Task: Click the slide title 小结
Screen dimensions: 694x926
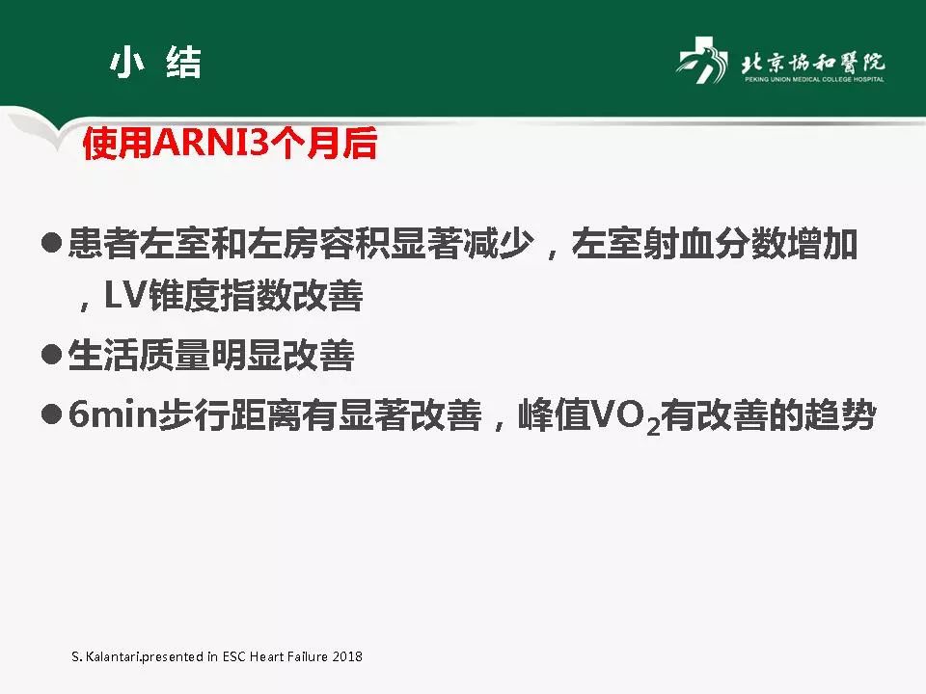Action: pyautogui.click(x=155, y=63)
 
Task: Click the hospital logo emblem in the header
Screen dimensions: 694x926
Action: pyautogui.click(x=701, y=65)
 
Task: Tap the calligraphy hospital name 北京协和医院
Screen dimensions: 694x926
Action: pyautogui.click(x=812, y=62)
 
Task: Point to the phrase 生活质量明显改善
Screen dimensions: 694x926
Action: pyautogui.click(x=211, y=358)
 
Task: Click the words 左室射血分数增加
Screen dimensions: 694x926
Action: pyautogui.click(x=715, y=245)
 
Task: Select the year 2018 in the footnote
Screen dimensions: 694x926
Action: pyautogui.click(x=345, y=656)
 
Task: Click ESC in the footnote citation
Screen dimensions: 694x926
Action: pyautogui.click(x=234, y=656)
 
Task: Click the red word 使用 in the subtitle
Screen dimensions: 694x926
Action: pyautogui.click(x=105, y=145)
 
